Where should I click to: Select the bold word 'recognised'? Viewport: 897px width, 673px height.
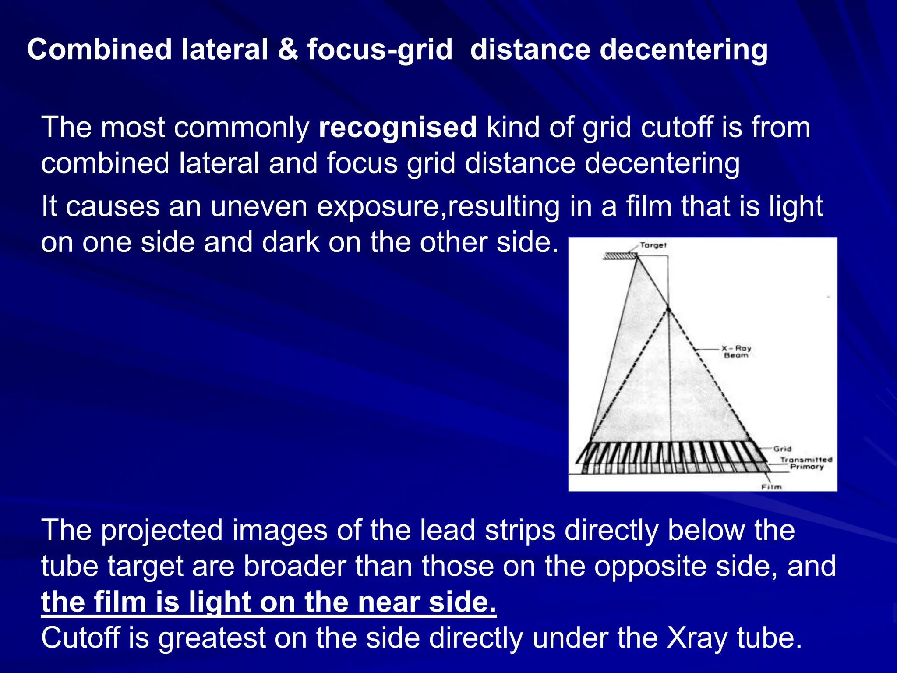397,128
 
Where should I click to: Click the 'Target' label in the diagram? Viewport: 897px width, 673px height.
653,245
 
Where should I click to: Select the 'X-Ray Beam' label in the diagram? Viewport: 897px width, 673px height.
736,351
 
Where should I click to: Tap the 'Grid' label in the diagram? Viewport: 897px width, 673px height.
782,449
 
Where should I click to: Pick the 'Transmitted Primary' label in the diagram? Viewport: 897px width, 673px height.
806,463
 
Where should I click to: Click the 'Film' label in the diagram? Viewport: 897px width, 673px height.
771,487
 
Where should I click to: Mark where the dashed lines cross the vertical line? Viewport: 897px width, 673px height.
669,310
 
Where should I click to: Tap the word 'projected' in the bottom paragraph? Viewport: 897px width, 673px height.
162,531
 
